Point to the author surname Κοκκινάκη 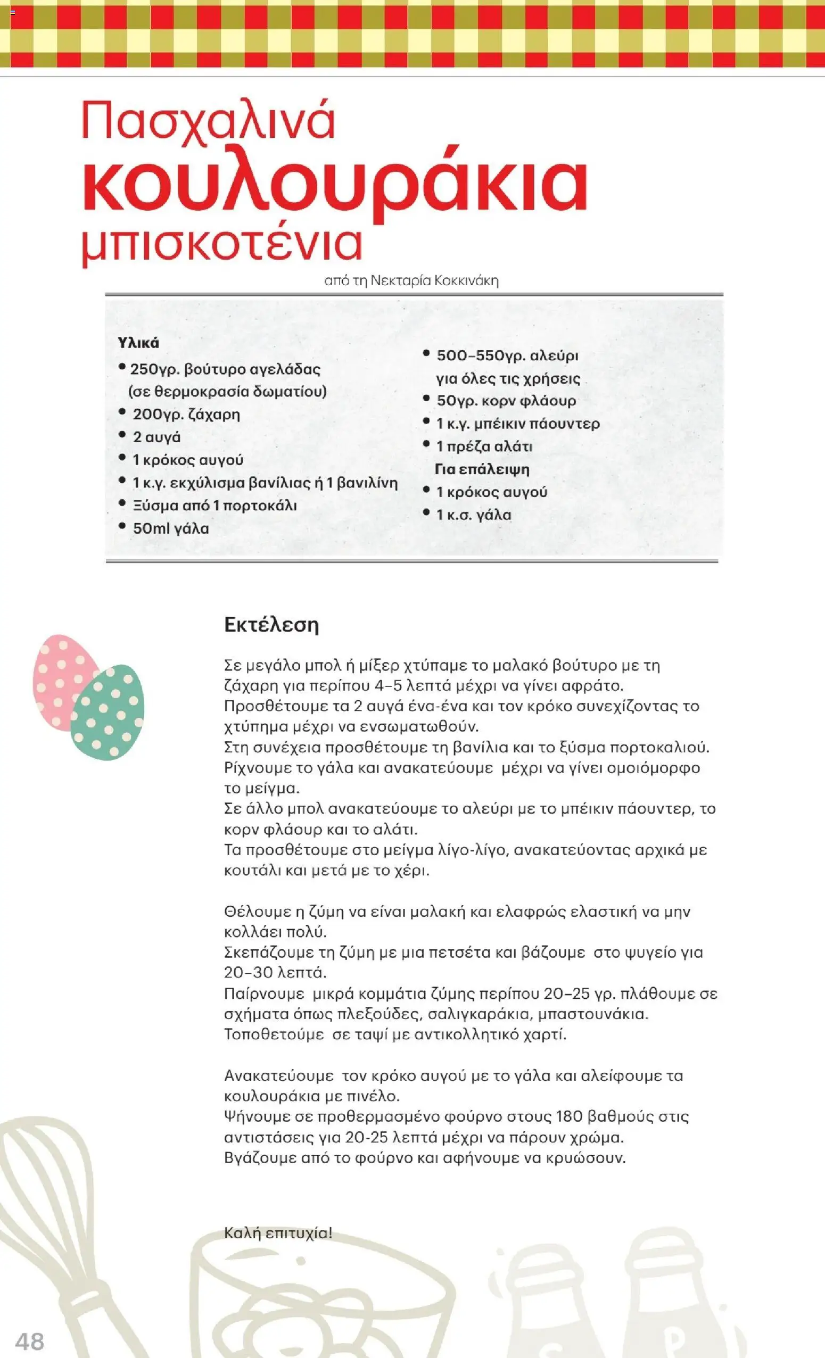[466, 281]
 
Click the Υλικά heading [138, 343]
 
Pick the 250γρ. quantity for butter [154, 369]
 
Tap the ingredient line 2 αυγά [156, 437]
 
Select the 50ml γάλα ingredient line [171, 528]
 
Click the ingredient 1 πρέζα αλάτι [484, 446]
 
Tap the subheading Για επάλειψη [482, 469]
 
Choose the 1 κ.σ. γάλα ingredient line [474, 515]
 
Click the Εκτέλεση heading [271, 624]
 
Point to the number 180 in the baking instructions [570, 1116]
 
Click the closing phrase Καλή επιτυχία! [278, 1233]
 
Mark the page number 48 [30, 1341]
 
